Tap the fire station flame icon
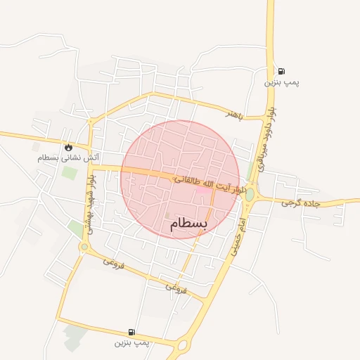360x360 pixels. [68, 147]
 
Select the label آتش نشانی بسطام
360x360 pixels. [68, 157]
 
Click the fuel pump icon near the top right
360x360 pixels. [281, 71]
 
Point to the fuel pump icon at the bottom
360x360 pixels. [131, 332]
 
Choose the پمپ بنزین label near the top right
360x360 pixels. [281, 82]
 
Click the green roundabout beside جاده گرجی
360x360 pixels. [250, 193]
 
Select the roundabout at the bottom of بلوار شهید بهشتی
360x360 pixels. [84, 247]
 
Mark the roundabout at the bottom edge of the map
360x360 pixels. [184, 345]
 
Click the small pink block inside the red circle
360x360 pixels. [202, 190]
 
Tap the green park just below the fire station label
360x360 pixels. [68, 172]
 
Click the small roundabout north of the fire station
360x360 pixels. [90, 122]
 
